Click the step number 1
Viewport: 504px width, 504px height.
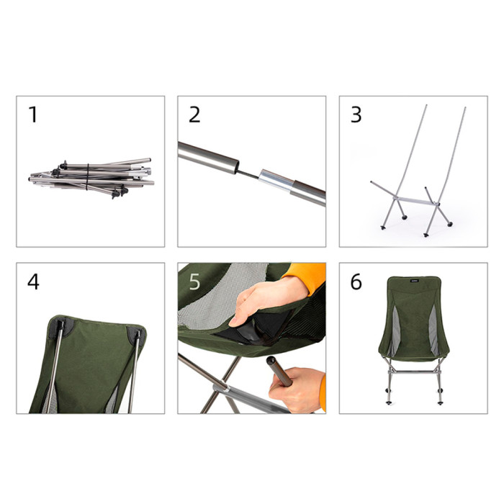point(32,114)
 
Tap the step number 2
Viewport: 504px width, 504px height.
point(194,114)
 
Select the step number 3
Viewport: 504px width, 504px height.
point(356,114)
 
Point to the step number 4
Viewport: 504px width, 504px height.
point(33,282)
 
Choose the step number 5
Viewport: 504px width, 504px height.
point(194,282)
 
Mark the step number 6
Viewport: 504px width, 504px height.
point(356,282)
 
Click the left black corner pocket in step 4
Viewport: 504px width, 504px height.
point(58,328)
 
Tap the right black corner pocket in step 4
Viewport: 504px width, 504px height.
point(135,334)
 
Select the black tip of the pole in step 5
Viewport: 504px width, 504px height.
point(272,361)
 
